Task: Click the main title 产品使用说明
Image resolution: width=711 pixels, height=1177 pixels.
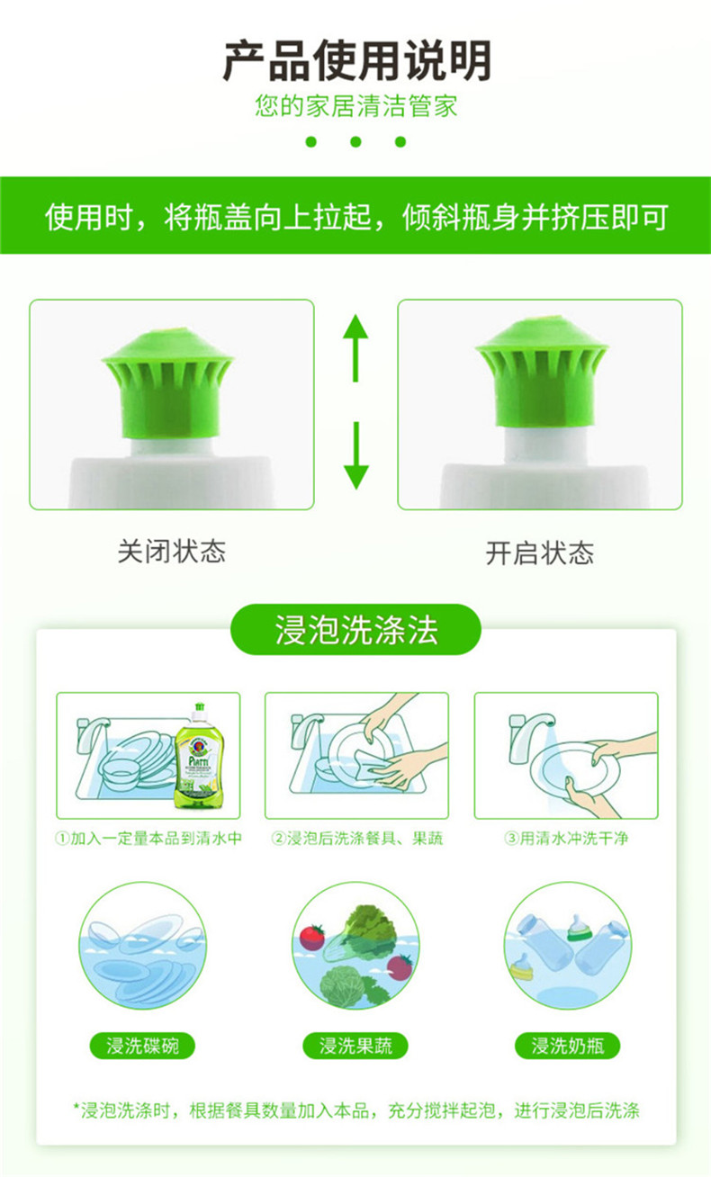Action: tap(356, 60)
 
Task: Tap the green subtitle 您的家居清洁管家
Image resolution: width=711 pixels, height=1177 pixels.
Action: tap(356, 106)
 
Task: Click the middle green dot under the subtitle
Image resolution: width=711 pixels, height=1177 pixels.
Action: tap(355, 141)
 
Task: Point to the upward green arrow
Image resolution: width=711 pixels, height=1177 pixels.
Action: tap(355, 347)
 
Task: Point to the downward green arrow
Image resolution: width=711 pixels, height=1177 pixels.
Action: tap(355, 455)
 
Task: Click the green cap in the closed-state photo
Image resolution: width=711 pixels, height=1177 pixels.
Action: tap(168, 382)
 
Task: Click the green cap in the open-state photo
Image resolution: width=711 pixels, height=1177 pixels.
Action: tap(542, 371)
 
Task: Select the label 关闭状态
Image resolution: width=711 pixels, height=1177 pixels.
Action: tap(172, 552)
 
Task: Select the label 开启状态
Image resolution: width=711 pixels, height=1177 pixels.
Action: tap(540, 553)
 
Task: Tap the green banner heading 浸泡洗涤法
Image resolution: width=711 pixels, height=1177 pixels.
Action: tap(355, 630)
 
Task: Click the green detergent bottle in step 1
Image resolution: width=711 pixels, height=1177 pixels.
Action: tap(199, 756)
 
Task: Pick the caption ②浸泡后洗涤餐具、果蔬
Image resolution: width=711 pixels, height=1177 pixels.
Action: tap(356, 838)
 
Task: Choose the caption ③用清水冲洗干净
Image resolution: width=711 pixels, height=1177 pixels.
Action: tap(566, 838)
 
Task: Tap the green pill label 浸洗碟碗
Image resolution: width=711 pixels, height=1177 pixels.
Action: tap(142, 1046)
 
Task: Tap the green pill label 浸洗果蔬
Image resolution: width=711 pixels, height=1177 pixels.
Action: tap(355, 1046)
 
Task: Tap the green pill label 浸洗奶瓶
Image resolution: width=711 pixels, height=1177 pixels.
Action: tap(568, 1046)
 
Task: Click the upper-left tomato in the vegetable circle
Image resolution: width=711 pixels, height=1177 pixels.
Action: tap(312, 937)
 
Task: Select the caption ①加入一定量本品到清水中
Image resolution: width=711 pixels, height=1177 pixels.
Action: tap(148, 838)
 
